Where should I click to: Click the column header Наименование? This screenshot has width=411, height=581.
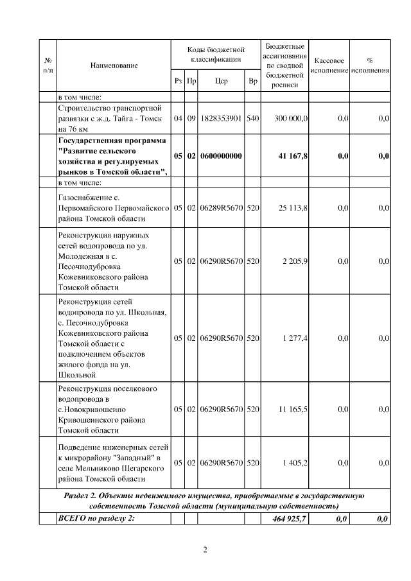pyautogui.click(x=114, y=65)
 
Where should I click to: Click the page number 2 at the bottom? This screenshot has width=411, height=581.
pyautogui.click(x=205, y=550)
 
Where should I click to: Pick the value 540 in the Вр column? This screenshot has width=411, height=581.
pyautogui.click(x=253, y=119)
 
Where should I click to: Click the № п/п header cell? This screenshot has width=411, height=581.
pyautogui.click(x=48, y=65)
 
